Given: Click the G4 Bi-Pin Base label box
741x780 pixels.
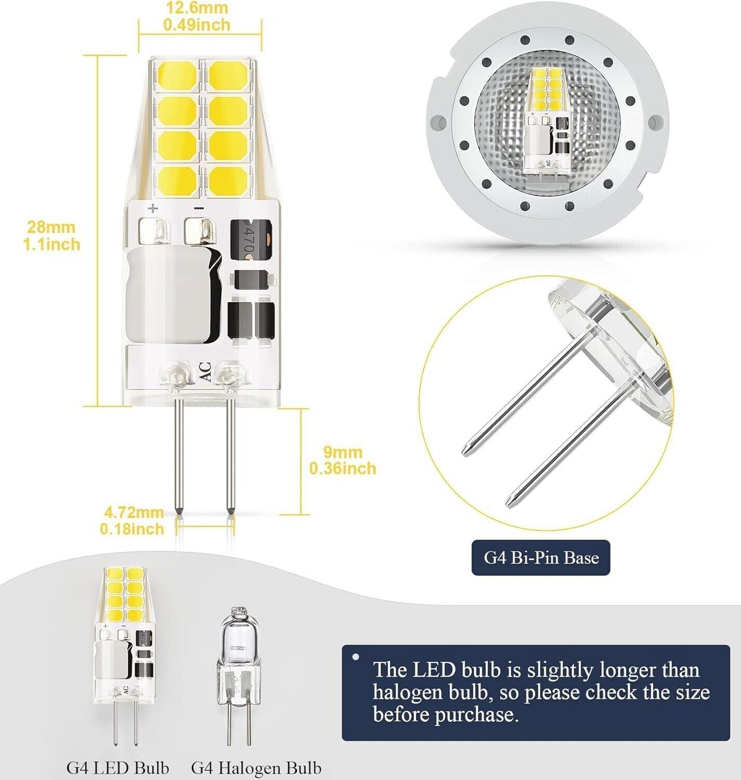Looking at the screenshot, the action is click(x=540, y=557).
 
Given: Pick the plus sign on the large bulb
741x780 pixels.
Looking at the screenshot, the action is click(x=153, y=208).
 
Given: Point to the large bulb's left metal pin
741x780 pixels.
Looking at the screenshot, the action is click(x=179, y=456).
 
